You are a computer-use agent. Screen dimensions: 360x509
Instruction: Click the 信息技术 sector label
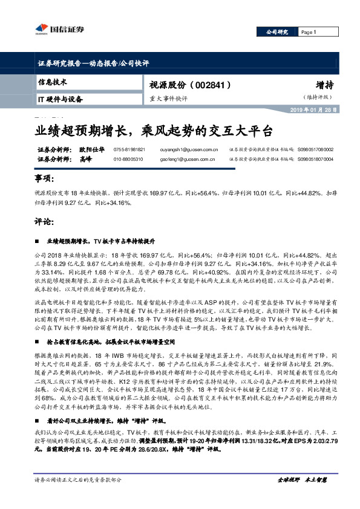(52, 82)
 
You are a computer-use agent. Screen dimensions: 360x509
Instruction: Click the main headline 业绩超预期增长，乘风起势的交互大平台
(153, 131)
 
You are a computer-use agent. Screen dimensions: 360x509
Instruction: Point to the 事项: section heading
(45, 180)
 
